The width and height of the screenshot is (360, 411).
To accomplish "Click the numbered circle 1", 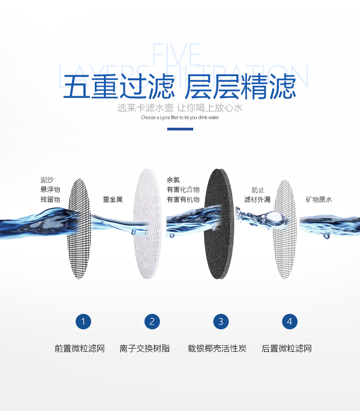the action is pos(83,322).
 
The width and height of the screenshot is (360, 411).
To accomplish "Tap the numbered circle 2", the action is pos(152,322).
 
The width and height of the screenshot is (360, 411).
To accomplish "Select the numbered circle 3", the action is pos(221,322).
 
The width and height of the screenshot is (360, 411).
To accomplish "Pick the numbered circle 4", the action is pos(289,322).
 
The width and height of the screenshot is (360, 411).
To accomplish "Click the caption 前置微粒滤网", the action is pos(80,349).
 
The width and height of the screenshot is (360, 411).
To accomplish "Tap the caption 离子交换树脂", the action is pos(145,349).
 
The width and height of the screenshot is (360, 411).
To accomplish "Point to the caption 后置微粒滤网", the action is pos(287,349).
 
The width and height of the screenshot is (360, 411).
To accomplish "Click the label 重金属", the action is pos(113,200).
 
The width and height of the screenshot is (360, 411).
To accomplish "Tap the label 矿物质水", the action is pos(319,200).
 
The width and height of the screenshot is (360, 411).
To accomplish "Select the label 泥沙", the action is pos(47,180).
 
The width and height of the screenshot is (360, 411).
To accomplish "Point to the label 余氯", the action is pos(173,180).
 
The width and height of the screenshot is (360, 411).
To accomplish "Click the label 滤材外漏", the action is pos(257,200).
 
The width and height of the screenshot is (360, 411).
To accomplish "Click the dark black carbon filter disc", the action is pos(219,224).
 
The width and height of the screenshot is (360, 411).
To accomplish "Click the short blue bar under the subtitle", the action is pos(180,129).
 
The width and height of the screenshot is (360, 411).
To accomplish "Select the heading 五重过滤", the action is pos(118,87).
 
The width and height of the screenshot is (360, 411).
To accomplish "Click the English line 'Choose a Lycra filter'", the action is pos(180,118).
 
